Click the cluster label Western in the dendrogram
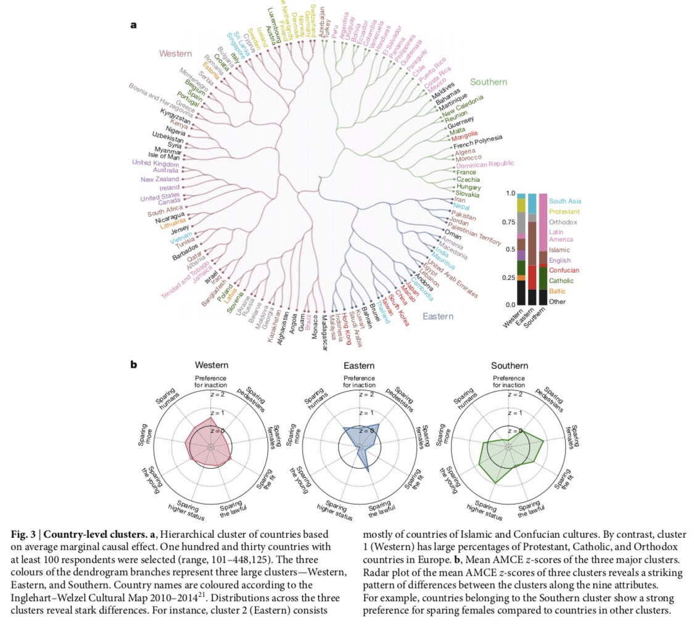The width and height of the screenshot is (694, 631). [176, 54]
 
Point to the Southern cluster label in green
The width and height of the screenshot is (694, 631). [489, 82]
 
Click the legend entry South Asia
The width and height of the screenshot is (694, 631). [564, 200]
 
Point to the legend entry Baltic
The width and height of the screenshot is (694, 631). [557, 291]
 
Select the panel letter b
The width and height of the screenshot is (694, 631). [133, 365]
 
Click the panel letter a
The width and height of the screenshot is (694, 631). [133, 25]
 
